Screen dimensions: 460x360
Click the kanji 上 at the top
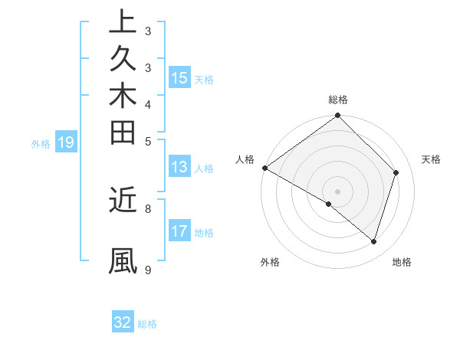(x=123, y=23)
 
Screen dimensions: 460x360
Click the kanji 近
(x=123, y=200)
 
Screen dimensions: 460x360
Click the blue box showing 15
(x=179, y=77)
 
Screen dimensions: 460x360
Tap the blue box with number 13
(x=179, y=168)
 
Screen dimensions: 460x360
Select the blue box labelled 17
(x=179, y=231)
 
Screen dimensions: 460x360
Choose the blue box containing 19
(x=66, y=142)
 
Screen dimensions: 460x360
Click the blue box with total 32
(x=123, y=322)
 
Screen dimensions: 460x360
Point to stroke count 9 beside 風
(x=147, y=270)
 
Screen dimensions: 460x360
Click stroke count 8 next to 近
(x=147, y=208)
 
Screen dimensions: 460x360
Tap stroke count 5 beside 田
(x=147, y=141)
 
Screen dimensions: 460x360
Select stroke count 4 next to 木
(x=147, y=103)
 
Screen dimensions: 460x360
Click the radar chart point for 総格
(x=337, y=116)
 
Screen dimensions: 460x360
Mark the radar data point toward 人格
(x=264, y=168)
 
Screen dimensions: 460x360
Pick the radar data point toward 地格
(x=373, y=241)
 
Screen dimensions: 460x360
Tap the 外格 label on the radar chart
(x=270, y=262)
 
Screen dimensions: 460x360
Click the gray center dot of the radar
(x=337, y=191)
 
